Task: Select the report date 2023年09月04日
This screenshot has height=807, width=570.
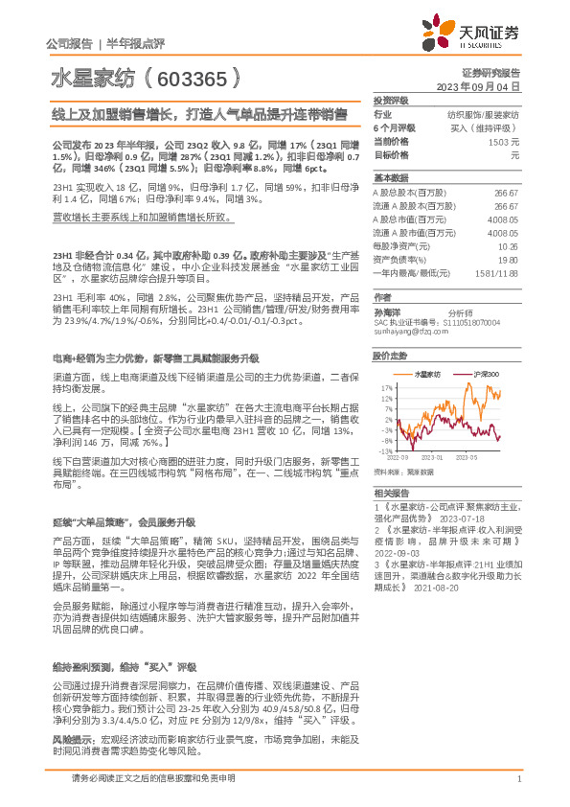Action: [476, 86]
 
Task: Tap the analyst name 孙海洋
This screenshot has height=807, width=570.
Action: [386, 311]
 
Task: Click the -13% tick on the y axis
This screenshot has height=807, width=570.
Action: [382, 450]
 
